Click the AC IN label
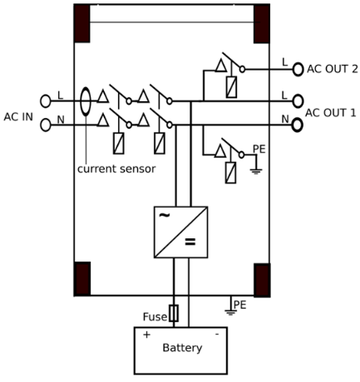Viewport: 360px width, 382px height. [x=18, y=116]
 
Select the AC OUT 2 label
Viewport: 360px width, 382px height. [x=332, y=69]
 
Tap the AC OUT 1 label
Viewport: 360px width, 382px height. [x=331, y=112]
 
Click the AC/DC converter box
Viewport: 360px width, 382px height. [x=180, y=232]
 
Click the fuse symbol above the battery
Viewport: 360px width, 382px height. [x=174, y=313]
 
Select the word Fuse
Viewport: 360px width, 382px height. [x=154, y=316]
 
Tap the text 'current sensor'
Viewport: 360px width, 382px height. [x=116, y=169]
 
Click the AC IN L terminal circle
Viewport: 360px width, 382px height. [x=46, y=100]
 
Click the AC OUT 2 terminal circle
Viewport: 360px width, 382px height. [x=298, y=70]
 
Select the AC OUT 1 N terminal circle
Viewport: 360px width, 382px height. [x=298, y=125]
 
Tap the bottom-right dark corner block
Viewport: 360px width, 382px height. [x=262, y=279]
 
